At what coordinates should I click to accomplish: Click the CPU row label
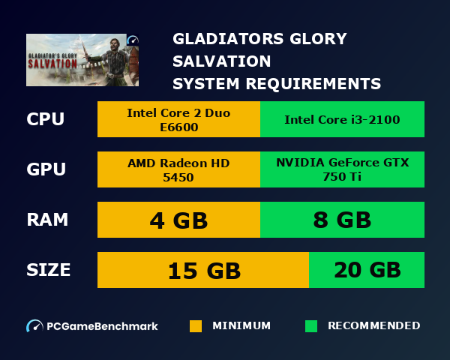(45, 119)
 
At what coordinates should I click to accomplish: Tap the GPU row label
(46, 169)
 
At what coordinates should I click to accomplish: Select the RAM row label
(47, 220)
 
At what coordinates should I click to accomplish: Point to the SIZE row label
(49, 269)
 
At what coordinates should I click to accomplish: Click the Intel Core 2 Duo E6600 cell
(178, 119)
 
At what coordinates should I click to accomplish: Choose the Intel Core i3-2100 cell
(342, 119)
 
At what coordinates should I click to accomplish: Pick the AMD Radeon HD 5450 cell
(178, 169)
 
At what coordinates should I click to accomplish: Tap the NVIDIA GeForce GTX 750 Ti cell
(342, 169)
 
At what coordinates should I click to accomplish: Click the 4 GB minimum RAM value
(178, 220)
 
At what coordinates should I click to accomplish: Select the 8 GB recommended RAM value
(342, 220)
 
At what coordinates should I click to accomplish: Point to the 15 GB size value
(203, 270)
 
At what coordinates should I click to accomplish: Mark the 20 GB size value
(367, 270)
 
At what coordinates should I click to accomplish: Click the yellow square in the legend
(196, 326)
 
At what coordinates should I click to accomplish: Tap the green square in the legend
(311, 326)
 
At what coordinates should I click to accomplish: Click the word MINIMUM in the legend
(241, 326)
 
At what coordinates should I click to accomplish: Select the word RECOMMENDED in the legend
(373, 326)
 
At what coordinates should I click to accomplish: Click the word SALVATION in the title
(222, 61)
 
